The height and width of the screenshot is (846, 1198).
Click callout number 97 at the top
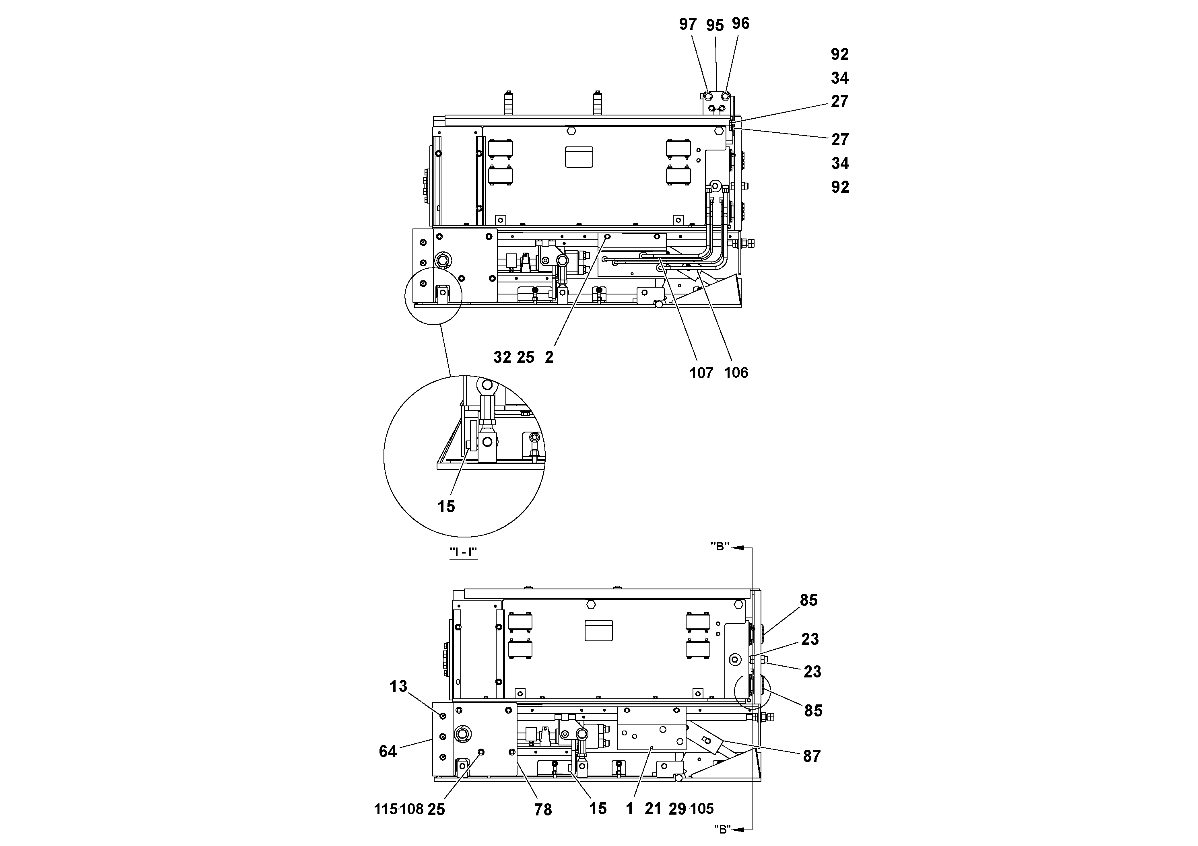click(688, 24)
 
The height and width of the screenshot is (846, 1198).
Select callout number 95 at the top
click(715, 26)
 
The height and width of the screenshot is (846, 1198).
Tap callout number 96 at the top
click(740, 23)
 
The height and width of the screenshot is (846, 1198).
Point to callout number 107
click(701, 373)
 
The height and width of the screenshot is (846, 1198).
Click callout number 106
click(736, 373)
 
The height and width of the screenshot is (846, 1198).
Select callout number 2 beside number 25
click(549, 357)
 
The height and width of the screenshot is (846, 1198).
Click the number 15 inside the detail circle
click(446, 506)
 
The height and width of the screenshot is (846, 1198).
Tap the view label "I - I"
click(463, 552)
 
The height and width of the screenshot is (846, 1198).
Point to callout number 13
click(398, 686)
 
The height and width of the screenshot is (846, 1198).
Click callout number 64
click(388, 751)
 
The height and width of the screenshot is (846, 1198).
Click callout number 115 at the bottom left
click(386, 809)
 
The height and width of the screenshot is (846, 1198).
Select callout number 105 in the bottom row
click(702, 809)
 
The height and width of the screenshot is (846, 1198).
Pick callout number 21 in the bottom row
click(653, 809)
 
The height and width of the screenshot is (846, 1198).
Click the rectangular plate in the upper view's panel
click(579, 157)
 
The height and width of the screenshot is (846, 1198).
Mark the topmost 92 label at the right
click(839, 54)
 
